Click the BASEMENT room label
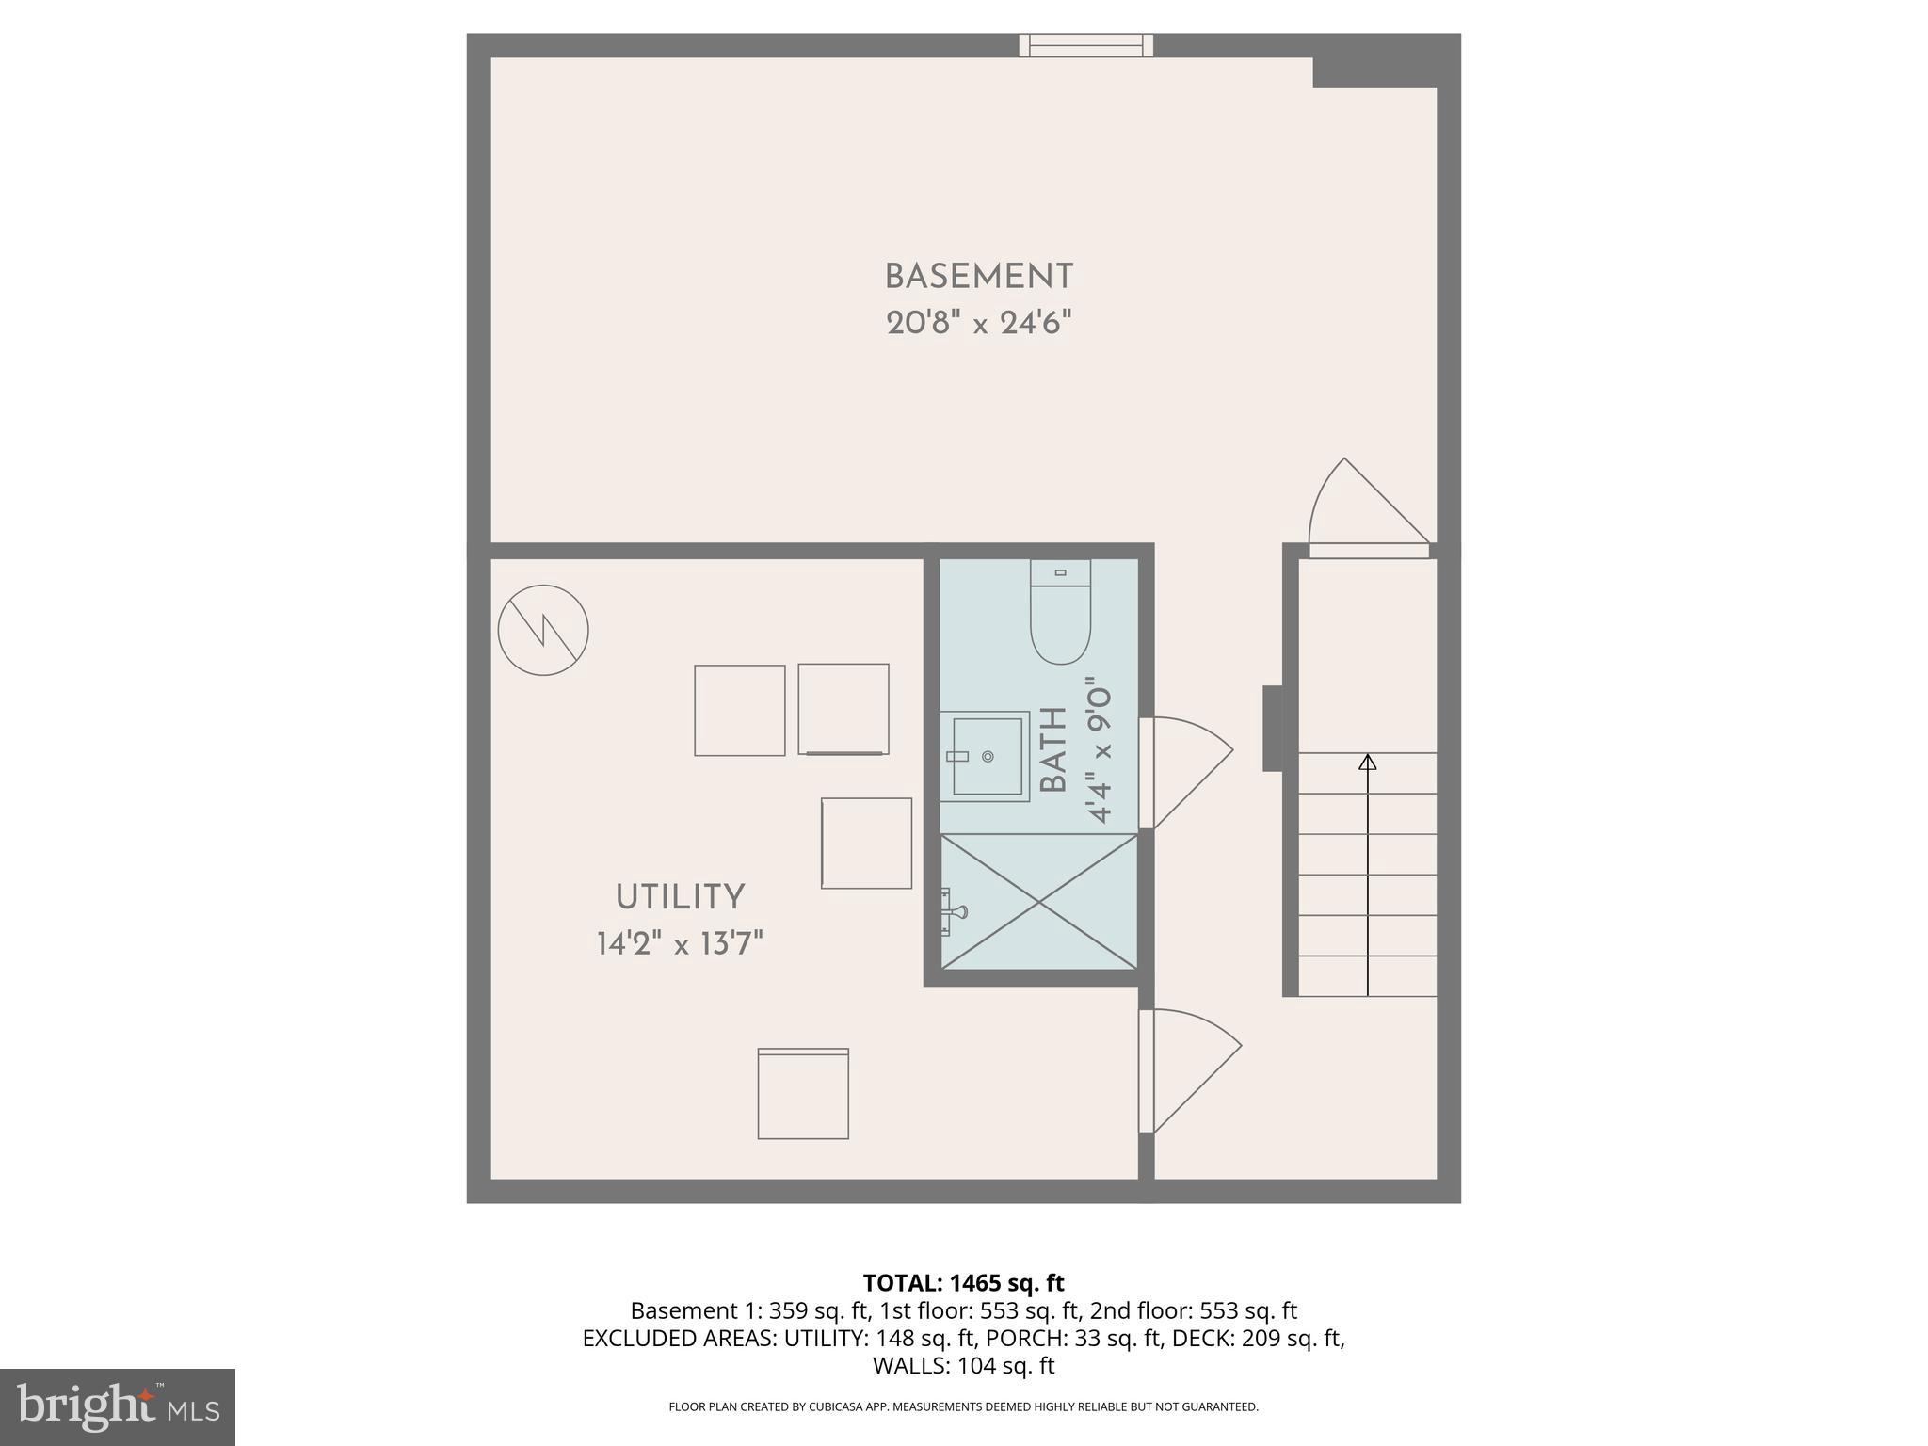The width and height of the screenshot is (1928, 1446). [978, 277]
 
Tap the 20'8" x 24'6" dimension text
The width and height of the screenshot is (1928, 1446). [978, 324]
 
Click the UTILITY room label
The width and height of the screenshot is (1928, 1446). [680, 897]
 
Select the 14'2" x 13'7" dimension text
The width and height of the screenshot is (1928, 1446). [680, 943]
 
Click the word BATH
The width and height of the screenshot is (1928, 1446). [1054, 750]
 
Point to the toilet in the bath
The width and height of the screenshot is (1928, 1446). [1060, 612]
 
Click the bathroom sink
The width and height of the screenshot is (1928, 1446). [987, 756]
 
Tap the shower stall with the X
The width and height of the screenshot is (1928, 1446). [1039, 901]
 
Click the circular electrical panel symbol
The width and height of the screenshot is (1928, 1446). [543, 630]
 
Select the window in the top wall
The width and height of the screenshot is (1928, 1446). [1085, 45]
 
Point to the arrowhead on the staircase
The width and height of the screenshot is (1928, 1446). [1367, 762]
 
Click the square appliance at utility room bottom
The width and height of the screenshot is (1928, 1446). [803, 1094]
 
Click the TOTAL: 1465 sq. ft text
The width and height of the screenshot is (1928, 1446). [963, 1283]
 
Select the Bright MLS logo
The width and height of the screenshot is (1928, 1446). [118, 1406]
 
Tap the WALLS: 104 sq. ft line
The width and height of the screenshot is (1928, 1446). [963, 1366]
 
